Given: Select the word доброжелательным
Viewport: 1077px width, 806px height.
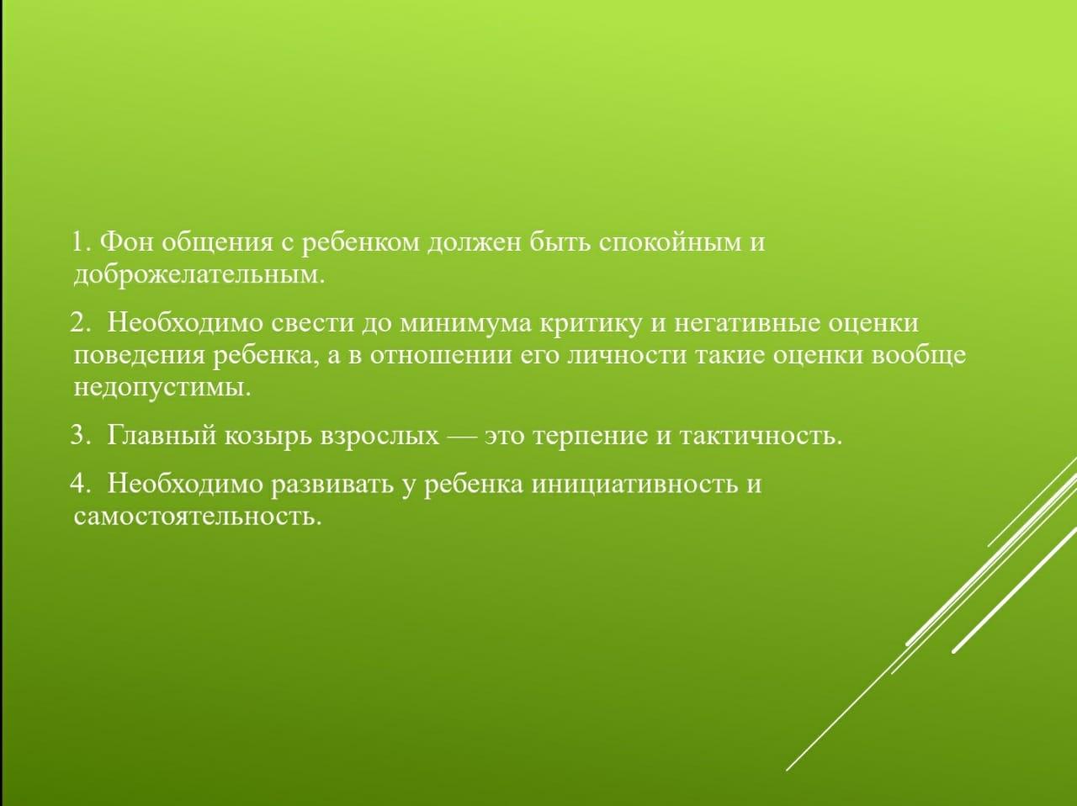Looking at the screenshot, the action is click(199, 275).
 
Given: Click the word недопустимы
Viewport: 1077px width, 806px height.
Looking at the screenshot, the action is click(162, 389).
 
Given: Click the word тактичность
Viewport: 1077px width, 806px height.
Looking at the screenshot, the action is click(761, 436).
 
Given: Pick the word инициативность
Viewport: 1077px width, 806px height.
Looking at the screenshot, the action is click(635, 484).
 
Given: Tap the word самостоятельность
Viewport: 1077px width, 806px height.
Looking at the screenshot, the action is click(197, 517).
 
